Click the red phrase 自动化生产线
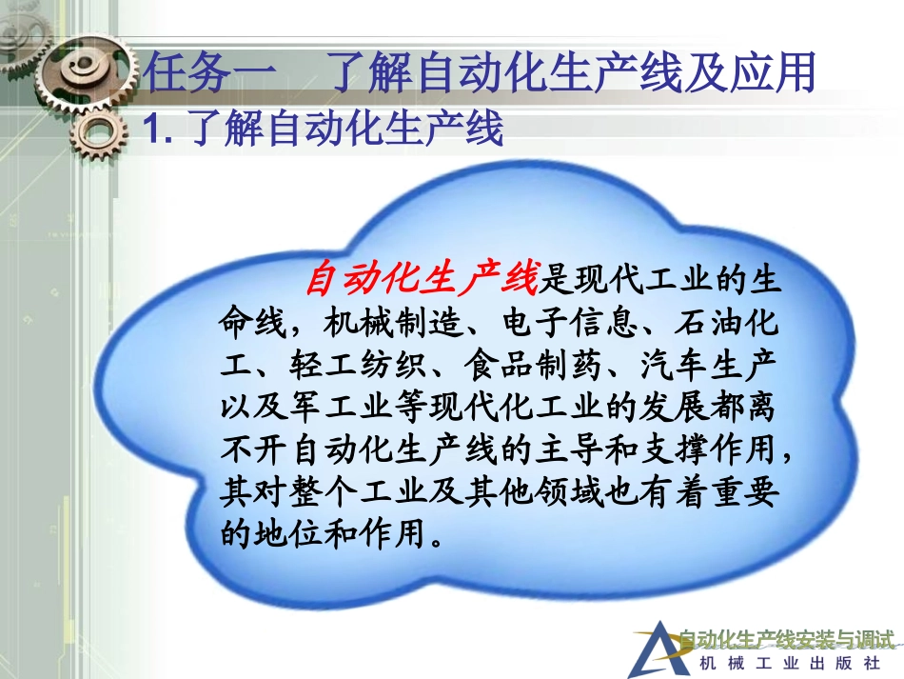(422, 280)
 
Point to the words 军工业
(314, 409)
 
